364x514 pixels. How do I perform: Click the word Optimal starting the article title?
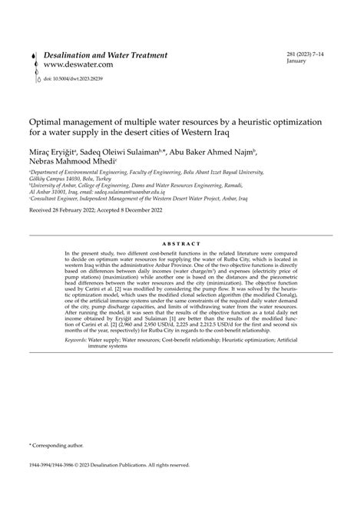pyautogui.click(x=47, y=121)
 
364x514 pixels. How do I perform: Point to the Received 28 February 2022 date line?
pyautogui.click(x=104, y=210)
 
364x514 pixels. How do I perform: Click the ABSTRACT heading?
pyautogui.click(x=181, y=242)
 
